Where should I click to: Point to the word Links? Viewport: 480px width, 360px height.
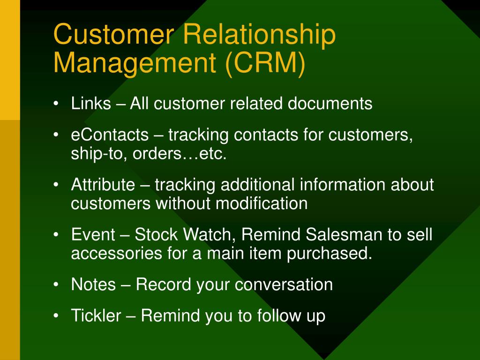pos(91,103)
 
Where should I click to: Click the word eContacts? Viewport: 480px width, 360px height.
pos(110,135)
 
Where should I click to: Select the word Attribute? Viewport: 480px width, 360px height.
pos(103,185)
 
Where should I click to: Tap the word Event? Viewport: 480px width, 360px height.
pos(93,234)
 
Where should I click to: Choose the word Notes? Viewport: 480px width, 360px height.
pos(93,285)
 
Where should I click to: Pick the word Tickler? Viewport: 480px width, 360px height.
pos(96,315)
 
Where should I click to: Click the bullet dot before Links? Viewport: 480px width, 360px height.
pos(56,104)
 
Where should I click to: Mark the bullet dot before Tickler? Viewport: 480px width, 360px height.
pos(56,315)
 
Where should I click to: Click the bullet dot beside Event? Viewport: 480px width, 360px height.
pos(56,235)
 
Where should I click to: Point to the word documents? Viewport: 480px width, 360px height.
pos(330,103)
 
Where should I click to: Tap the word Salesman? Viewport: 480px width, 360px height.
pos(344,234)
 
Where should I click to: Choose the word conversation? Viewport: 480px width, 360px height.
pos(284,285)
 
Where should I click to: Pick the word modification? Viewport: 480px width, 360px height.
pos(262,203)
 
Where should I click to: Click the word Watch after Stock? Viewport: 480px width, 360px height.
pos(207,234)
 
